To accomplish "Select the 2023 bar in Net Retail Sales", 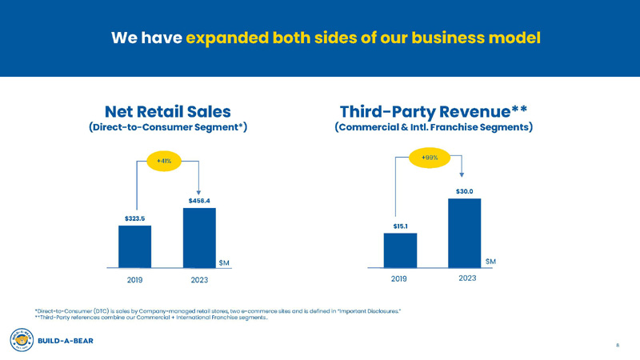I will coord(199,237).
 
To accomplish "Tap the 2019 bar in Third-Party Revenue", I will coord(400,250).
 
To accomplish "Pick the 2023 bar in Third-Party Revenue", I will coord(464,232).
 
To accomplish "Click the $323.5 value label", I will coord(134,217).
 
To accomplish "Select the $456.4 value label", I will coord(199,200).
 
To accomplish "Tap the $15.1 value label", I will coord(400,226).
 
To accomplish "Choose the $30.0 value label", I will coord(464,191).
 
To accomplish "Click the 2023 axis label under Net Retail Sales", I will coord(200,280).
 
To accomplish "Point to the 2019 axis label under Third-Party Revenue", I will coord(400,278).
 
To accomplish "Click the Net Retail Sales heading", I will coord(168,110).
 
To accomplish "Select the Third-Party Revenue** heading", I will coord(434,110).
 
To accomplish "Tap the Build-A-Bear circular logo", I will coord(21,338).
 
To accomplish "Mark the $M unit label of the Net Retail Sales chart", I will coord(226,262).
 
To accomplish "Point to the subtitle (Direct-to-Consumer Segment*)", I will coord(168,128).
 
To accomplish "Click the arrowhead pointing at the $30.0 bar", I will coord(462,173).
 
